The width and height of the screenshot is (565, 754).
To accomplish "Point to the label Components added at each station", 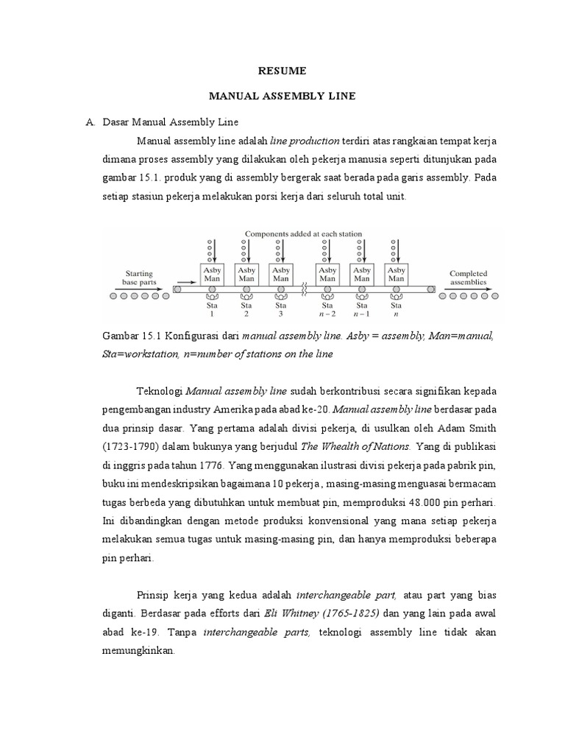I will (x=303, y=234).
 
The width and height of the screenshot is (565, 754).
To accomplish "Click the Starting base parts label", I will (x=140, y=277).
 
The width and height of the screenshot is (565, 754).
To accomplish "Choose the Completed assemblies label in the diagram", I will (x=468, y=278).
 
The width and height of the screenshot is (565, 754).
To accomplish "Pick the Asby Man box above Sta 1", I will (x=211, y=275).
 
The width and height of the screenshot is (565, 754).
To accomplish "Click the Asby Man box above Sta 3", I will (x=280, y=275).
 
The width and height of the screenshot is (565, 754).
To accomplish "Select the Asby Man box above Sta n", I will (x=396, y=275).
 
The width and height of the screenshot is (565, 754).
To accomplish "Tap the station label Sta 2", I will (x=246, y=308).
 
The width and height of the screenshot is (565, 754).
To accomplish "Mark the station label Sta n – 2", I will (x=327, y=308).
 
